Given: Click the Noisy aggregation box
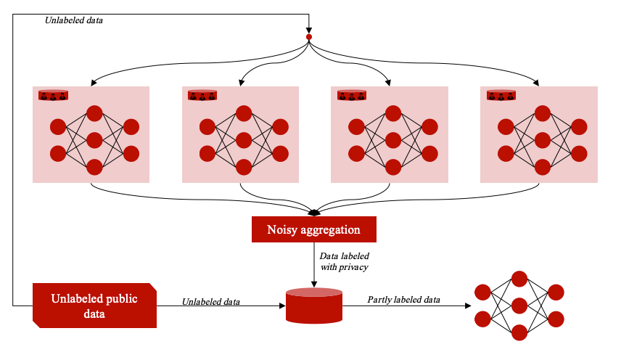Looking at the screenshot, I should pyautogui.click(x=313, y=229).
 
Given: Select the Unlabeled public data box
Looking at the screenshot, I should pyautogui.click(x=94, y=306).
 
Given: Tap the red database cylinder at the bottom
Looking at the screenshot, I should pyautogui.click(x=313, y=306).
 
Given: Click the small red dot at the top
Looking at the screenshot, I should pyautogui.click(x=309, y=36).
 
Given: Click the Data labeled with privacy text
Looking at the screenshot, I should pyautogui.click(x=345, y=261).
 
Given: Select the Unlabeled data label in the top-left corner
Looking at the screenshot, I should pyautogui.click(x=74, y=20).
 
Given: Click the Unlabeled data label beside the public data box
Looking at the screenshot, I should pyautogui.click(x=211, y=301).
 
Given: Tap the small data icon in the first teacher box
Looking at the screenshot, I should pyautogui.click(x=53, y=95).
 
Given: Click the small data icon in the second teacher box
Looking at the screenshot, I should pyautogui.click(x=202, y=95).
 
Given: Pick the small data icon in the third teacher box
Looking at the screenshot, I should pyautogui.click(x=352, y=95).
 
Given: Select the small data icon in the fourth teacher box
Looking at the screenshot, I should pyautogui.click(x=501, y=95).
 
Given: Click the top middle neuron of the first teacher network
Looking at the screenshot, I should pyautogui.click(x=94, y=113).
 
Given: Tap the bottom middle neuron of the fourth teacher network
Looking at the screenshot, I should pyautogui.click(x=543, y=167).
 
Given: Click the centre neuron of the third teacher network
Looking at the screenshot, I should pyautogui.click(x=393, y=140).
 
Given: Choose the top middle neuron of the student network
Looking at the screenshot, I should pyautogui.click(x=519, y=279).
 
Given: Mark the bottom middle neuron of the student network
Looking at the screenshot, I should pyautogui.click(x=519, y=332).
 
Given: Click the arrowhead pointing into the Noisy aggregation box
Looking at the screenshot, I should pyautogui.click(x=314, y=213).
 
